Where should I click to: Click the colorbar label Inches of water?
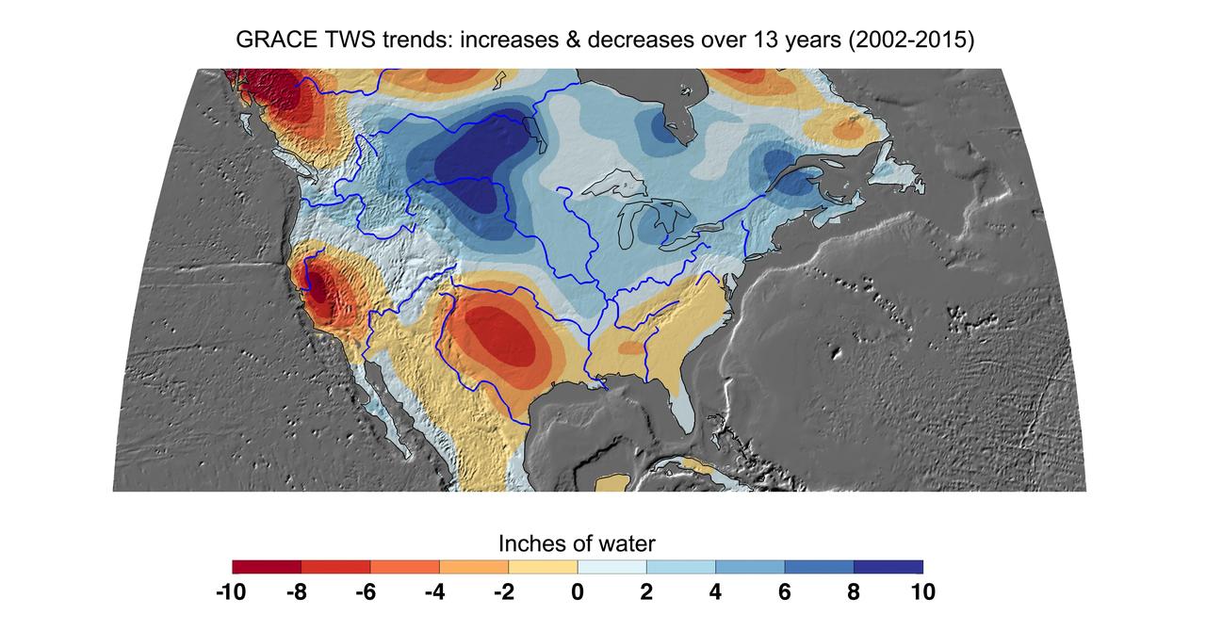pyautogui.click(x=577, y=543)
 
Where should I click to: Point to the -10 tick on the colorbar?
pyautogui.click(x=231, y=592)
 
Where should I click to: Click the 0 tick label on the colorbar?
pyautogui.click(x=577, y=592)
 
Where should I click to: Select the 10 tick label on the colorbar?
pyautogui.click(x=922, y=592)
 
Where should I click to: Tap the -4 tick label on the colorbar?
pyautogui.click(x=434, y=592)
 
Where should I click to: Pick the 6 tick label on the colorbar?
pyautogui.click(x=785, y=592)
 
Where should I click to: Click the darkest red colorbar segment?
pyautogui.click(x=267, y=567)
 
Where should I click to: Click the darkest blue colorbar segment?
pyautogui.click(x=888, y=567)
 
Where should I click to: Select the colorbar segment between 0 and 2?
pyautogui.click(x=611, y=567)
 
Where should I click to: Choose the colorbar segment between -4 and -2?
pyautogui.click(x=474, y=567)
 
